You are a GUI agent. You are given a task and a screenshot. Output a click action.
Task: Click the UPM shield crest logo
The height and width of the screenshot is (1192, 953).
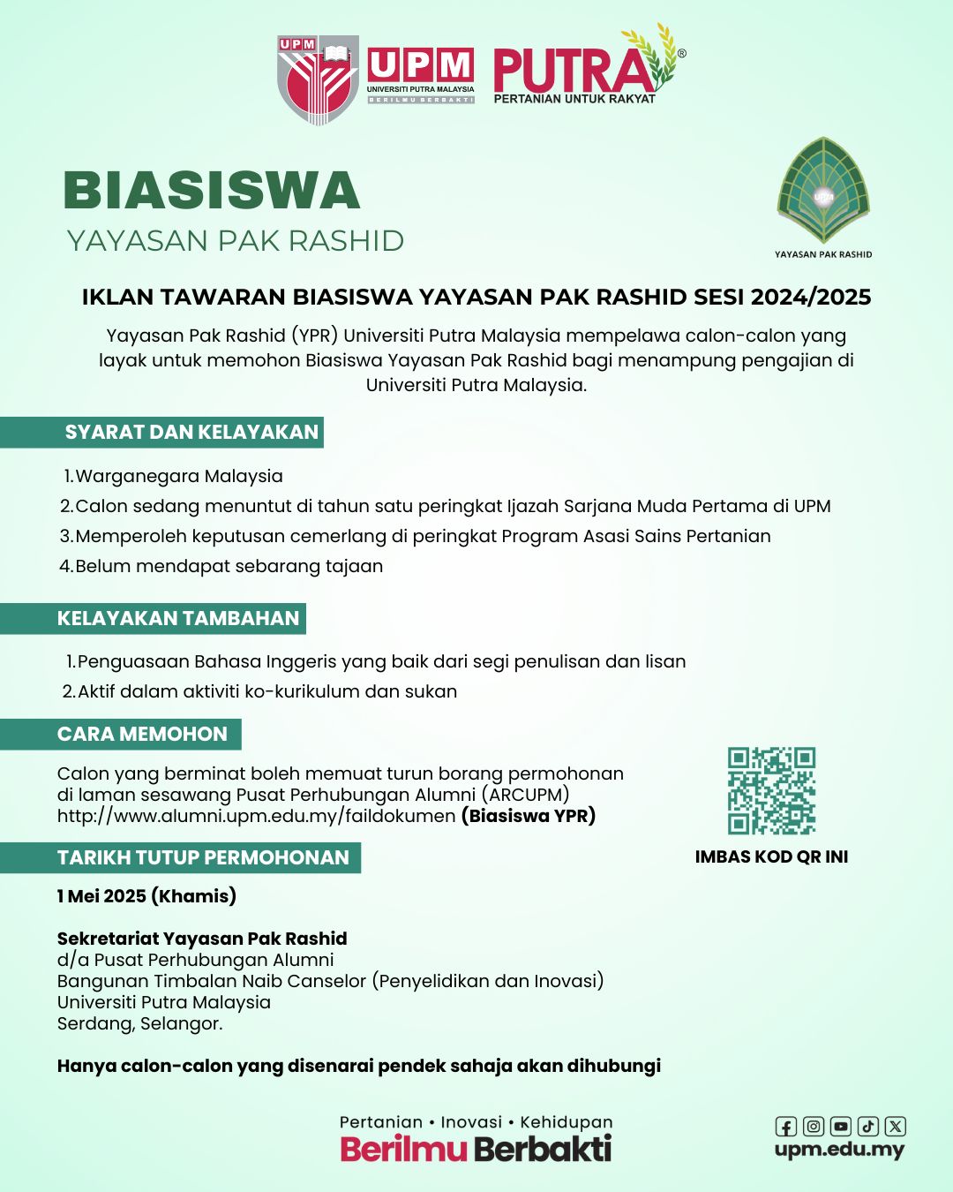click(318, 79)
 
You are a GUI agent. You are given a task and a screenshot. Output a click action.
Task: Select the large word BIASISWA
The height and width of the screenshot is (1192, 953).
click(212, 191)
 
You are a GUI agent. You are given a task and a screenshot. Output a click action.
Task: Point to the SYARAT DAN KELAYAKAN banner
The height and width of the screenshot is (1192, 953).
click(191, 433)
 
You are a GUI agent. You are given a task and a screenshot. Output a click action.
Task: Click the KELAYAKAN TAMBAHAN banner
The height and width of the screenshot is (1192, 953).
click(178, 618)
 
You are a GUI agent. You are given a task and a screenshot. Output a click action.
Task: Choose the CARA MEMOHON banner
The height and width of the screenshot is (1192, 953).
click(142, 735)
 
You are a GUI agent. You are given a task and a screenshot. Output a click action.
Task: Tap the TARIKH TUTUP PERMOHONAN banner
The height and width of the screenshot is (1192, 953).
click(203, 858)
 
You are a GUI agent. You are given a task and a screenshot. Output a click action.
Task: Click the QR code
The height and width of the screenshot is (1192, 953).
click(771, 790)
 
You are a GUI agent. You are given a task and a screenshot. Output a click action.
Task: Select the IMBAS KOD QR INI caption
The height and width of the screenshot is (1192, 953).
click(771, 856)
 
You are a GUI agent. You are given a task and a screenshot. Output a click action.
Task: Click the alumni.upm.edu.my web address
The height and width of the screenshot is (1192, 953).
click(256, 816)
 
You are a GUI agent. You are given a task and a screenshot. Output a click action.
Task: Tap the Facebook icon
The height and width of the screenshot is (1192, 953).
click(786, 1127)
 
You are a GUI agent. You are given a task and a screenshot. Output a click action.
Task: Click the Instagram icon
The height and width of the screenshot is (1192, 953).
click(814, 1127)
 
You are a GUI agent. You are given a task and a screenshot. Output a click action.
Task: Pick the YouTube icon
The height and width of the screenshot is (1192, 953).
click(841, 1127)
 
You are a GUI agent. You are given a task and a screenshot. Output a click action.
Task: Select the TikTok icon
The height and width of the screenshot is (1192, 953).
click(868, 1127)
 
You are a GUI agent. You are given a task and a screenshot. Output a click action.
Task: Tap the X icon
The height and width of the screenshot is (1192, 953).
click(896, 1127)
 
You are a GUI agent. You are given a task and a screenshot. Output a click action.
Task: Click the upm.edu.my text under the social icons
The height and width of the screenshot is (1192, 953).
click(839, 1150)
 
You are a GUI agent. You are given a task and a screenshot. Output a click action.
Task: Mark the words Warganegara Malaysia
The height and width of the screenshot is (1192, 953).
click(179, 476)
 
